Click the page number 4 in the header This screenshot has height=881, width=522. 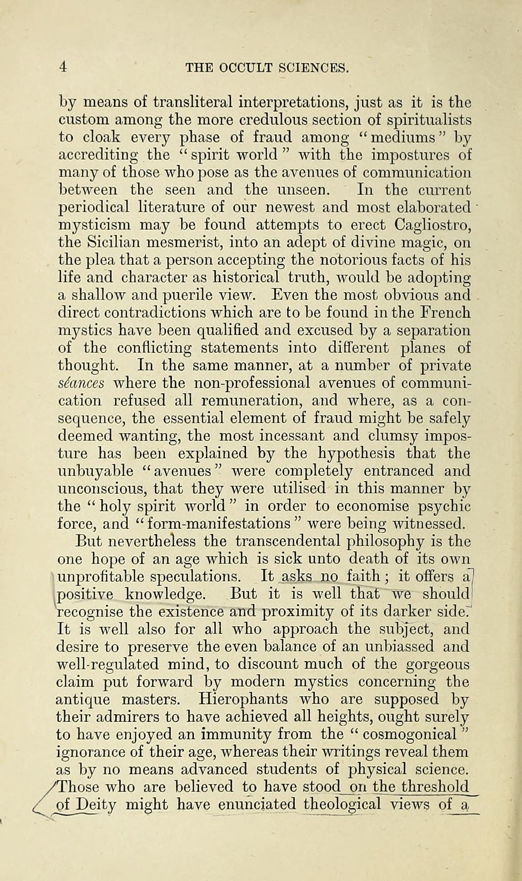pos(63,67)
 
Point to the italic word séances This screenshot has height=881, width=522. pos(81,383)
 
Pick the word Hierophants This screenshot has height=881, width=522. pos(243,699)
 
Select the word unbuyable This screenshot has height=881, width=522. pos(96,471)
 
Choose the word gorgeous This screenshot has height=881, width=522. pos(438,664)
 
